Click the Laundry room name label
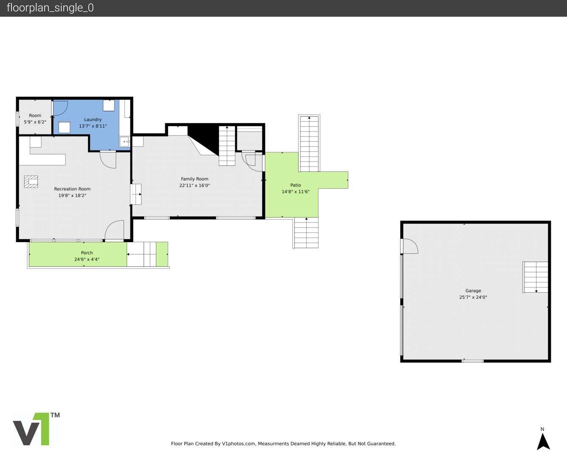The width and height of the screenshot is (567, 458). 93,120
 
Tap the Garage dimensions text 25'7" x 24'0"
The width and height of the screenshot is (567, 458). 473,297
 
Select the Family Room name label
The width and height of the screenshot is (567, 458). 195,179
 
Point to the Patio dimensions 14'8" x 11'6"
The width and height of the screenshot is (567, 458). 296,192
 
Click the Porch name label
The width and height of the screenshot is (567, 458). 87,253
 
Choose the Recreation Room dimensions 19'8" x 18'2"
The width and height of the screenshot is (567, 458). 72,195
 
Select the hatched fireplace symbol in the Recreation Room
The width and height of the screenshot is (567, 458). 31,182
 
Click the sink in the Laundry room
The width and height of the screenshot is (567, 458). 124,142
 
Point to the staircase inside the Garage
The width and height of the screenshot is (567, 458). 535,277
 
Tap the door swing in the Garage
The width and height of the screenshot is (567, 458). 410,246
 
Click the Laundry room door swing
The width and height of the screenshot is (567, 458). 61,108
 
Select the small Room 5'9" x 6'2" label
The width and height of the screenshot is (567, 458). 35,119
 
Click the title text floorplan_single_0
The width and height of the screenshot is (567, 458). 50,8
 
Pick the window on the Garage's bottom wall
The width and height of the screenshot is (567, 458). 472,361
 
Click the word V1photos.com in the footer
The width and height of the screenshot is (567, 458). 239,444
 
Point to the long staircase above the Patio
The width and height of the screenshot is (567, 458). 309,143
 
